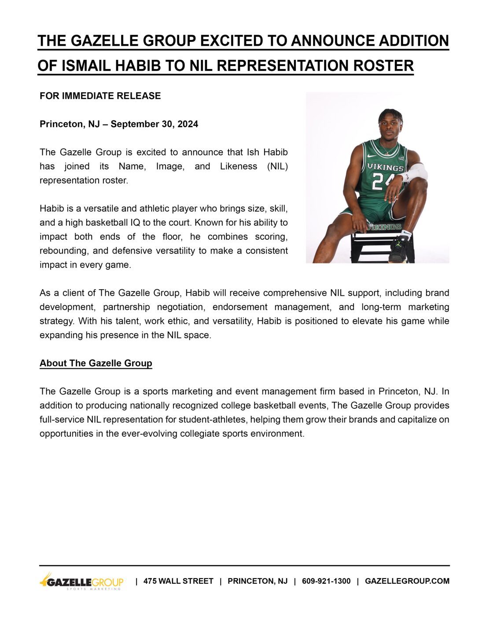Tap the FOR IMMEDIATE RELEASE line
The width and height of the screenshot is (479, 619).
coord(100,96)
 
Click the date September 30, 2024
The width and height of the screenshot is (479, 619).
coord(154,124)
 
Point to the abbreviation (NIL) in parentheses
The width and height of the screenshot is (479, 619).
coord(277,166)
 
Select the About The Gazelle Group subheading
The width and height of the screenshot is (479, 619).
coord(96,363)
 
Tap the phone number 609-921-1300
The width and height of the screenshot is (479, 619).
coord(326,581)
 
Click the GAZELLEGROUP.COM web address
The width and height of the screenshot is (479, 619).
coord(407,581)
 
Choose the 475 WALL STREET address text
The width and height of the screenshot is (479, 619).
coord(178,581)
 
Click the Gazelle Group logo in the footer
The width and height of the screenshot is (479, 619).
coord(81,582)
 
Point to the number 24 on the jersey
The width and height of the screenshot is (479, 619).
coord(380,181)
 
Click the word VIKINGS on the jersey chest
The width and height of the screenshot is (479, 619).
coord(385,167)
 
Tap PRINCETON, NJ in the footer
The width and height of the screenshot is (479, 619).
coord(258,581)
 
